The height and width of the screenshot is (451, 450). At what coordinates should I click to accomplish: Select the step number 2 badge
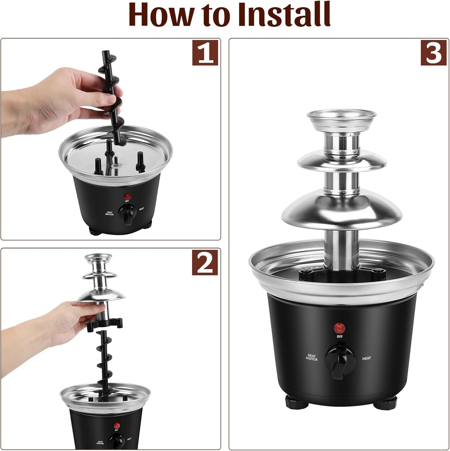[x=205, y=262]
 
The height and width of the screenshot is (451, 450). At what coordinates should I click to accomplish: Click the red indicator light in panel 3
[x=339, y=328]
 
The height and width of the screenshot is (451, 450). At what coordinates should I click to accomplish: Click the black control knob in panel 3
[x=340, y=360]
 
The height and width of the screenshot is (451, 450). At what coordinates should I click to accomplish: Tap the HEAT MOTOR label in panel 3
[x=312, y=357]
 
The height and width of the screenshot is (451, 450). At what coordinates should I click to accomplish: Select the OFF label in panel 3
[x=340, y=337]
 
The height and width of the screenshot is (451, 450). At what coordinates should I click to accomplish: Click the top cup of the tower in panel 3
[x=341, y=120]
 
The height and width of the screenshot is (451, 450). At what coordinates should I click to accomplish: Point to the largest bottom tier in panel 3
[x=342, y=211]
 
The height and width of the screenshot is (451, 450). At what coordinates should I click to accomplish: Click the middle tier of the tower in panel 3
[x=342, y=161]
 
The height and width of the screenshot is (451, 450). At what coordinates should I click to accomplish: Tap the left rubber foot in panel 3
[x=296, y=402]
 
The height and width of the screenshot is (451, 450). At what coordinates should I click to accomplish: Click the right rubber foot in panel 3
[x=385, y=403]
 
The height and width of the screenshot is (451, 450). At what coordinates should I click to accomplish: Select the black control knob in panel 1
[x=128, y=214]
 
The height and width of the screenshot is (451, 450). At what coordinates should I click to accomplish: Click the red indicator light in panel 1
[x=127, y=196]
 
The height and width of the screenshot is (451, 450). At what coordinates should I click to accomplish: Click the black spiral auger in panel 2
[x=105, y=361]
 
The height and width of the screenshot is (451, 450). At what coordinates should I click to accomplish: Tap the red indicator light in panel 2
[x=117, y=426]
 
